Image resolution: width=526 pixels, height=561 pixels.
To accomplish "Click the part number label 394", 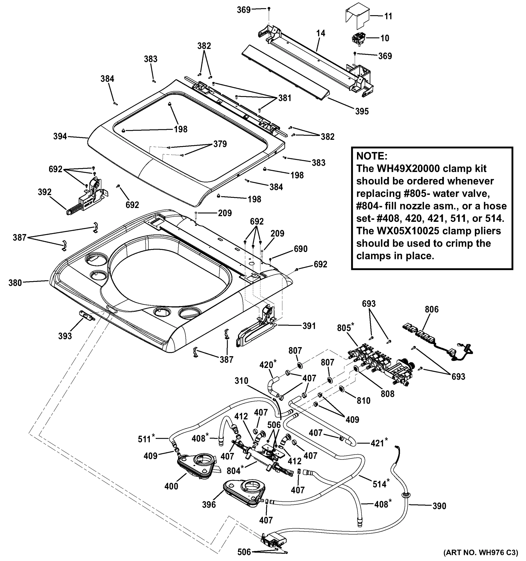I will (60, 136).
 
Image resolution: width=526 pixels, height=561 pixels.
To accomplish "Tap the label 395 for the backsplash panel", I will (362, 111).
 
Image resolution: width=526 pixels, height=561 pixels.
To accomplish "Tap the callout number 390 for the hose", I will (439, 506).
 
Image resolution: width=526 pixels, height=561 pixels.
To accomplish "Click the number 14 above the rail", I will (321, 33).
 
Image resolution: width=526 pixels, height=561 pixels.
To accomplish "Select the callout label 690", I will (301, 249).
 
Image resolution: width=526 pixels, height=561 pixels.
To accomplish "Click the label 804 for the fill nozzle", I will (234, 470).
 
